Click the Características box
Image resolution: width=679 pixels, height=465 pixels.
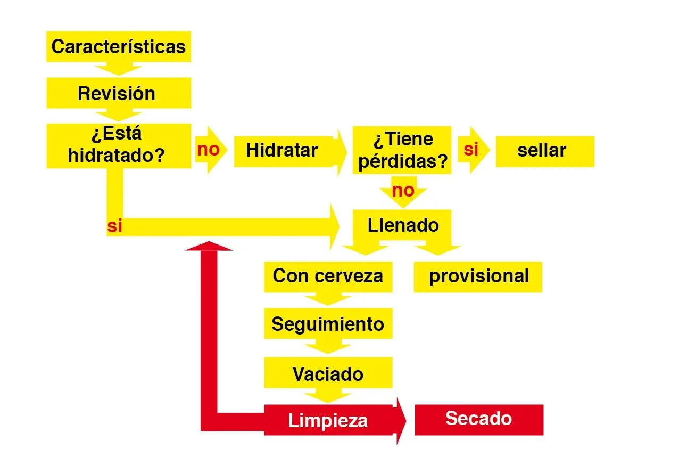[x=119, y=46]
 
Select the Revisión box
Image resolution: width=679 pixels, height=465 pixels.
[x=119, y=93]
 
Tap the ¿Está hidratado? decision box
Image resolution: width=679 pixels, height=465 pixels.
[x=119, y=145]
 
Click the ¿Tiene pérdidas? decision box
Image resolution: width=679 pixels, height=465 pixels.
[x=402, y=150]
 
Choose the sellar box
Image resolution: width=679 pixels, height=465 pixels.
[x=545, y=151]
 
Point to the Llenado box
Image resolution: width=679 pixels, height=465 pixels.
[x=402, y=225]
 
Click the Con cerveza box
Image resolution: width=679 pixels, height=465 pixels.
[x=328, y=276]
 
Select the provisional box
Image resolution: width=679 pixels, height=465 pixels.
[x=478, y=276]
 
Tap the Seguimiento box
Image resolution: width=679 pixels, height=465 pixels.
[x=328, y=323]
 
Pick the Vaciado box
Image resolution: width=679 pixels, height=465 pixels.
[x=328, y=372]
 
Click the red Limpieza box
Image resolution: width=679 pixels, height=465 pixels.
[x=328, y=420]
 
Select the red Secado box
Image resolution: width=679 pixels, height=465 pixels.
[x=479, y=420]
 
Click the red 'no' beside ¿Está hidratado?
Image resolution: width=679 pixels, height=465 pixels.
[x=208, y=149]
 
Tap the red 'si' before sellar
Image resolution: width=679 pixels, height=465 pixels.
[x=471, y=149]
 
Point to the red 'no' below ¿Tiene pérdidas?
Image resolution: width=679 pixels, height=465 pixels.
[x=403, y=191]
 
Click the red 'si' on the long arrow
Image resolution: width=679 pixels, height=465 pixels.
[x=114, y=226]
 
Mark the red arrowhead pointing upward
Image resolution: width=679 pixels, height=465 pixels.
[x=209, y=246]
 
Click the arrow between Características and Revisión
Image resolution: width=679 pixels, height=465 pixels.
[x=119, y=69]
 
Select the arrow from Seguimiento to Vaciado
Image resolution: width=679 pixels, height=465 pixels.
[x=328, y=346]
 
